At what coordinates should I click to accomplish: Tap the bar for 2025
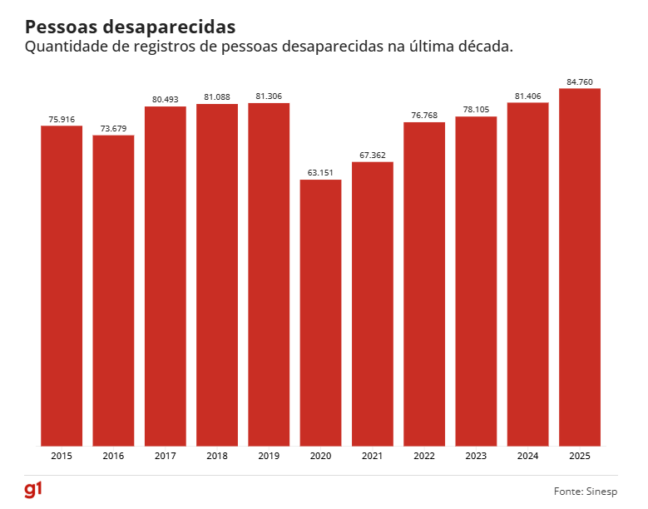click(580, 266)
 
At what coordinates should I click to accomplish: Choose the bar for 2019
click(269, 274)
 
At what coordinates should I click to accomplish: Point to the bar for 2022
click(424, 284)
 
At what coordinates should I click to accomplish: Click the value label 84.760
click(580, 82)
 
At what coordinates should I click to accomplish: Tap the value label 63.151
click(321, 173)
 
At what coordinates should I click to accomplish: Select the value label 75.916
click(62, 120)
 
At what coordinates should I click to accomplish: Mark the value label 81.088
click(217, 97)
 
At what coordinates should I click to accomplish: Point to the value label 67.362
click(373, 155)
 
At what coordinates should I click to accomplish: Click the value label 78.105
click(476, 110)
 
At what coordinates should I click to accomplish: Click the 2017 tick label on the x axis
click(165, 456)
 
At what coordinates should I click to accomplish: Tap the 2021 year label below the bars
click(373, 456)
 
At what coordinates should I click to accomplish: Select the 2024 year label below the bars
click(527, 456)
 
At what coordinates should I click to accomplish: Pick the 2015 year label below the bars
click(62, 456)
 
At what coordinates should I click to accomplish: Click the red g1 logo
click(33, 489)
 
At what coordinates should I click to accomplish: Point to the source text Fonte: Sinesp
click(586, 491)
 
